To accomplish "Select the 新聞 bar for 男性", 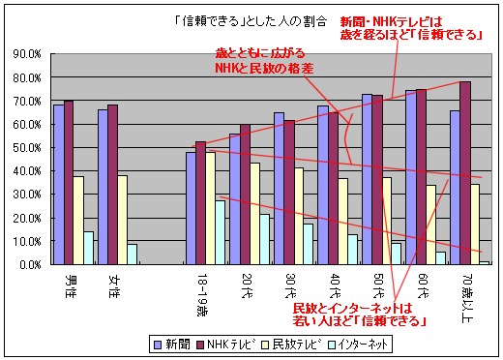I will click(x=58, y=184).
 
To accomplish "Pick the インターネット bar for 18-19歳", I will click(x=221, y=232).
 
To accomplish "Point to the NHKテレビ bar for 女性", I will click(x=113, y=184).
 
